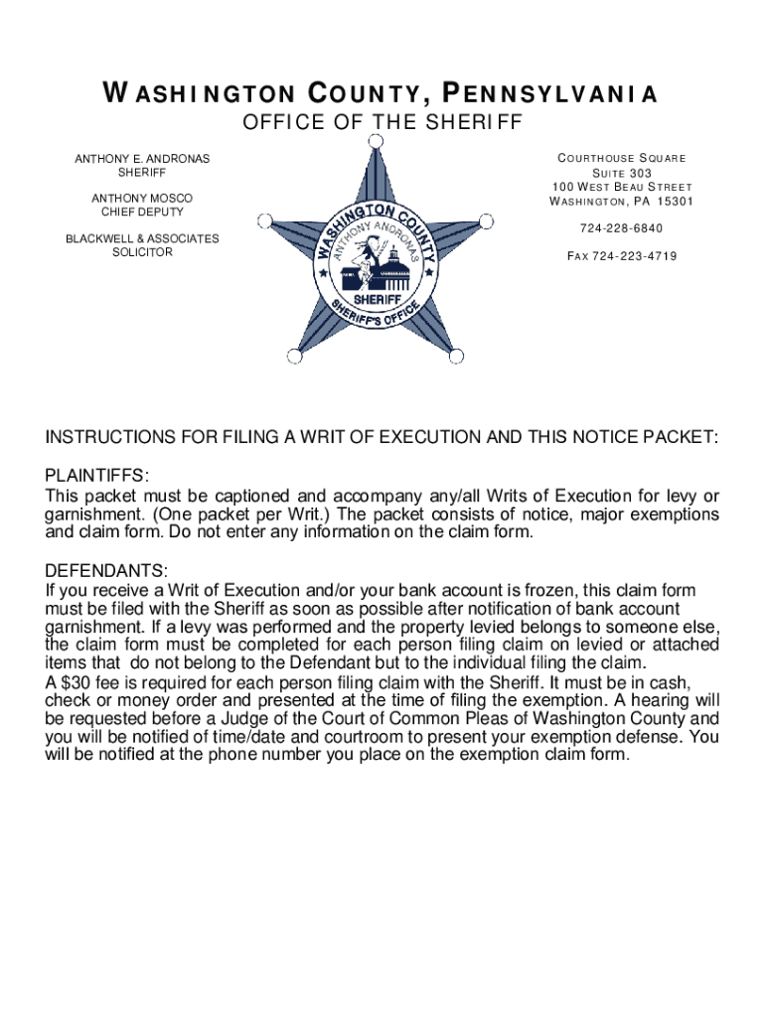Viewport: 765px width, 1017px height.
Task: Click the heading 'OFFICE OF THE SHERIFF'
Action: tap(382, 123)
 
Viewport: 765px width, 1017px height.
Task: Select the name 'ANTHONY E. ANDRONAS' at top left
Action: tap(143, 159)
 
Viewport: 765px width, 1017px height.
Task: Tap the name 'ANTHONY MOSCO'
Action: tap(143, 199)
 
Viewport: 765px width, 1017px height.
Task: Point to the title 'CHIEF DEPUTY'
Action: tap(143, 213)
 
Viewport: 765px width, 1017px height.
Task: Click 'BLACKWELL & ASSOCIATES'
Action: tap(142, 238)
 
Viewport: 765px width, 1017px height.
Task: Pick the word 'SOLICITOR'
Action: tap(142, 252)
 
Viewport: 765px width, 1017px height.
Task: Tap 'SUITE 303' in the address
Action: tap(620, 173)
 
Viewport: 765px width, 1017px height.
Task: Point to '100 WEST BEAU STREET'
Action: tap(620, 188)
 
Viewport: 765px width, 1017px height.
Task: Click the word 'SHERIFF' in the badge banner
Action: tap(377, 298)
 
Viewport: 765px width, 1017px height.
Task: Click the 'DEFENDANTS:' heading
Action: tap(106, 571)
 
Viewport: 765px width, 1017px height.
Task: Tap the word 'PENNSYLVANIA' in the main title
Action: tap(547, 95)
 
